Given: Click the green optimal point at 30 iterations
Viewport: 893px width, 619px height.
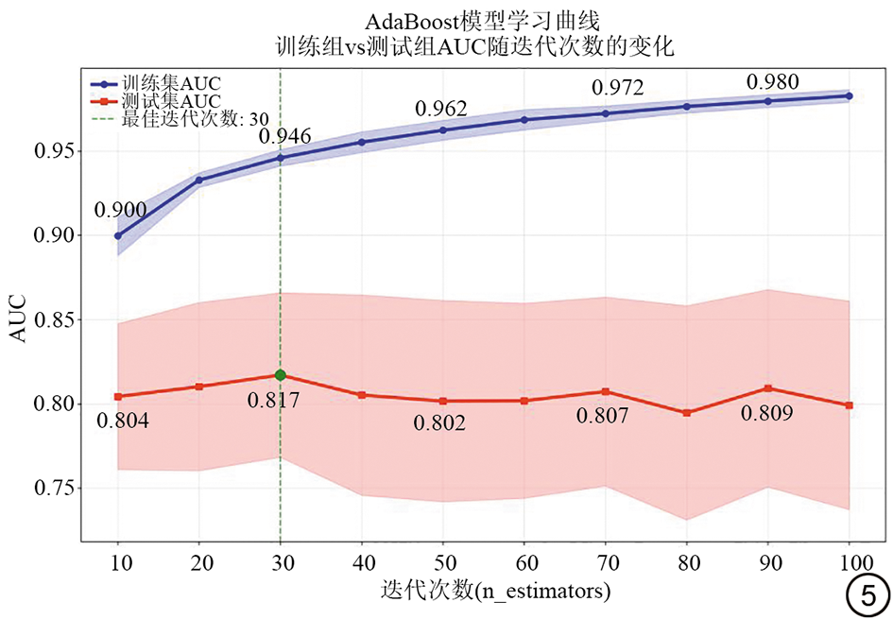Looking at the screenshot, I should click(280, 375).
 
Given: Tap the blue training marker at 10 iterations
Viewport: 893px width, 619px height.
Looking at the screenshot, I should click(118, 235).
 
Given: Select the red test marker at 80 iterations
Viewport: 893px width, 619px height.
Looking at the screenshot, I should click(687, 413).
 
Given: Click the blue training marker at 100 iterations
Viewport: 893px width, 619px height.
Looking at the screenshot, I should click(850, 95).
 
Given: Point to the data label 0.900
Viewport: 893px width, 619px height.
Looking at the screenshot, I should click(119, 211).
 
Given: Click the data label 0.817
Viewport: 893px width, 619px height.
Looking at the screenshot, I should click(274, 401).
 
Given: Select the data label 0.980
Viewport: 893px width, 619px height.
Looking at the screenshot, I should click(773, 82).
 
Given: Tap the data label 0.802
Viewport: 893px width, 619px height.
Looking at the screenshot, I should click(439, 423).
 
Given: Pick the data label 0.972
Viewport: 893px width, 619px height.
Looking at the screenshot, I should click(617, 89).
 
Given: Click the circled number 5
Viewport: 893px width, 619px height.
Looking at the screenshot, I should click(867, 594).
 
